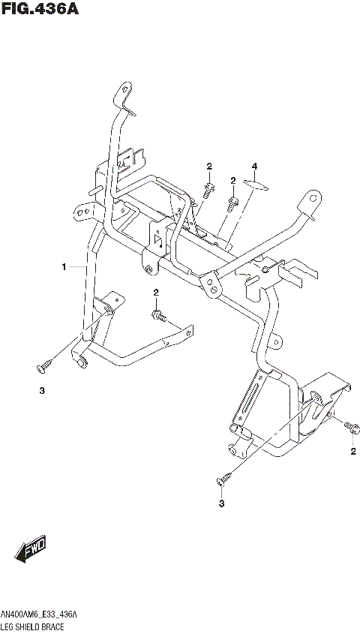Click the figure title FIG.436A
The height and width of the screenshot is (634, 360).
[40, 10]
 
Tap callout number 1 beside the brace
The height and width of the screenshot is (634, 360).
[64, 266]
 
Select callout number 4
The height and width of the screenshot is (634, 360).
[254, 166]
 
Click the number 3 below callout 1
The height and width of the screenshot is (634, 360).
[43, 390]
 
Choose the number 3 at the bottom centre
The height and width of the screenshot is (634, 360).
[222, 503]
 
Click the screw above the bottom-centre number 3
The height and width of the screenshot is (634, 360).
[224, 476]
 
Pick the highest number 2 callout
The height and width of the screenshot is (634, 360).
[209, 166]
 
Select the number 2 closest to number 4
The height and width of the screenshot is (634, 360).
[233, 180]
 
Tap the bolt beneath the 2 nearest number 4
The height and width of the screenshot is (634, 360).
[233, 200]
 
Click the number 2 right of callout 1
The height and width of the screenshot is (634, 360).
[156, 292]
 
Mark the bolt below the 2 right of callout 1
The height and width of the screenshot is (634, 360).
[158, 314]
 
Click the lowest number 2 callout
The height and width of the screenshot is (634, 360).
[352, 451]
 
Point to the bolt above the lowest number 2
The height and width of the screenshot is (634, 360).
[350, 426]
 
